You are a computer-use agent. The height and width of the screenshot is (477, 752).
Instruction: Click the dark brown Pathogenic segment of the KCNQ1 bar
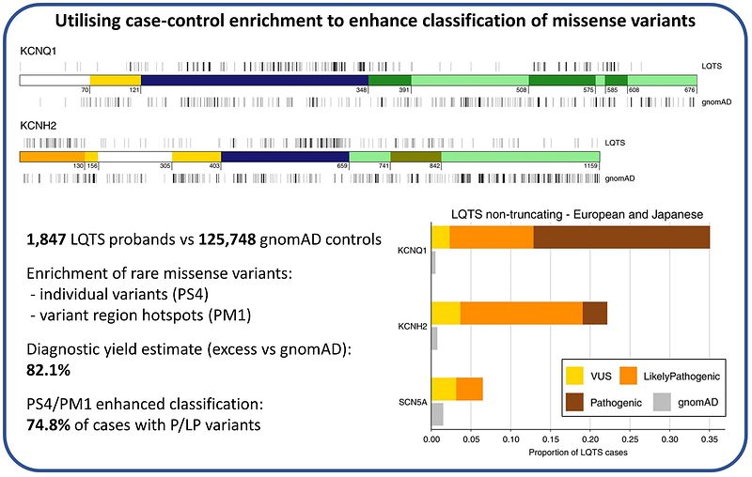(621, 238)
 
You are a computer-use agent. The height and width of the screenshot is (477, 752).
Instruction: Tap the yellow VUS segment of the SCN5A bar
(444, 389)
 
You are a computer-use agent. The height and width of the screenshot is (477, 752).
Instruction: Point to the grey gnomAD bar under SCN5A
(437, 414)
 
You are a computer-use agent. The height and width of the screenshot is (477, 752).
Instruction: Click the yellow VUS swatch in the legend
(574, 376)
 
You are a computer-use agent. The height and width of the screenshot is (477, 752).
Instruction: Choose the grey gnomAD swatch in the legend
(662, 402)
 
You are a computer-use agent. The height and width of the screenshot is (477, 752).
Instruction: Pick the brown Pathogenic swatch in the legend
(574, 402)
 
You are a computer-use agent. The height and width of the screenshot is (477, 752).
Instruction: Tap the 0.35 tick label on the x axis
(710, 439)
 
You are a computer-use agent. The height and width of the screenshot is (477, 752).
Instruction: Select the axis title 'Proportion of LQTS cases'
(578, 452)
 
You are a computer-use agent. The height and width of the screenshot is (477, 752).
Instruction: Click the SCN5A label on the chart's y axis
(413, 402)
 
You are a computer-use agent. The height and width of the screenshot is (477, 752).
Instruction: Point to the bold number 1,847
(46, 239)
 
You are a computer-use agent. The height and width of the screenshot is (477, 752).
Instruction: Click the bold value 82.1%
(49, 370)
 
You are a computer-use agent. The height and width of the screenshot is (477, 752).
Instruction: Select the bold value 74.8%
(49, 424)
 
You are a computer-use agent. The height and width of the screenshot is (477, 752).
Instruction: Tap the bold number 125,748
(227, 239)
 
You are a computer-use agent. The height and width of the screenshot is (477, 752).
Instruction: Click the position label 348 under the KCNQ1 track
(362, 89)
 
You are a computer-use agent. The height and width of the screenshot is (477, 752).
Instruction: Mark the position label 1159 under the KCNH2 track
(591, 165)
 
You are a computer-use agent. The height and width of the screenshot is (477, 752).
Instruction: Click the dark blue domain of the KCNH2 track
(285, 157)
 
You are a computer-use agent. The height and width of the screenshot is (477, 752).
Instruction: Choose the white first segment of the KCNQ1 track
(55, 80)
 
